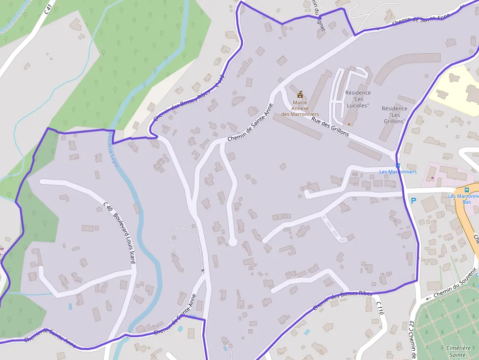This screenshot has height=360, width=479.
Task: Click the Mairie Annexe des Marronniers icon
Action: click(x=300, y=93)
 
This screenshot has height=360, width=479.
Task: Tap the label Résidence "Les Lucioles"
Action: click(x=358, y=99)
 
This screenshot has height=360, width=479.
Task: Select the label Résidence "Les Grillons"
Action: click(x=394, y=115)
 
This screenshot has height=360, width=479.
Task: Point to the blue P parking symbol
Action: click(x=414, y=200)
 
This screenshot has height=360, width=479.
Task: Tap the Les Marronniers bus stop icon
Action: click(x=398, y=166)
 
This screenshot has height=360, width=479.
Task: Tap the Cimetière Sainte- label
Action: click(x=458, y=352)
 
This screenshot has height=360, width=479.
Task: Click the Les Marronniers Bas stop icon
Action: click(x=467, y=190)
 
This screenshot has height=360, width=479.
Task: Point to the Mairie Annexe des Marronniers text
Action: click(x=300, y=108)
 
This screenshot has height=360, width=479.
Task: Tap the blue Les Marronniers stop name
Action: click(x=398, y=172)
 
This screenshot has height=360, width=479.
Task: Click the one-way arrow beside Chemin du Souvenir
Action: click(x=429, y=297)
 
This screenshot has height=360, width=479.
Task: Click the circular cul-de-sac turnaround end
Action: click(x=233, y=242)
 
